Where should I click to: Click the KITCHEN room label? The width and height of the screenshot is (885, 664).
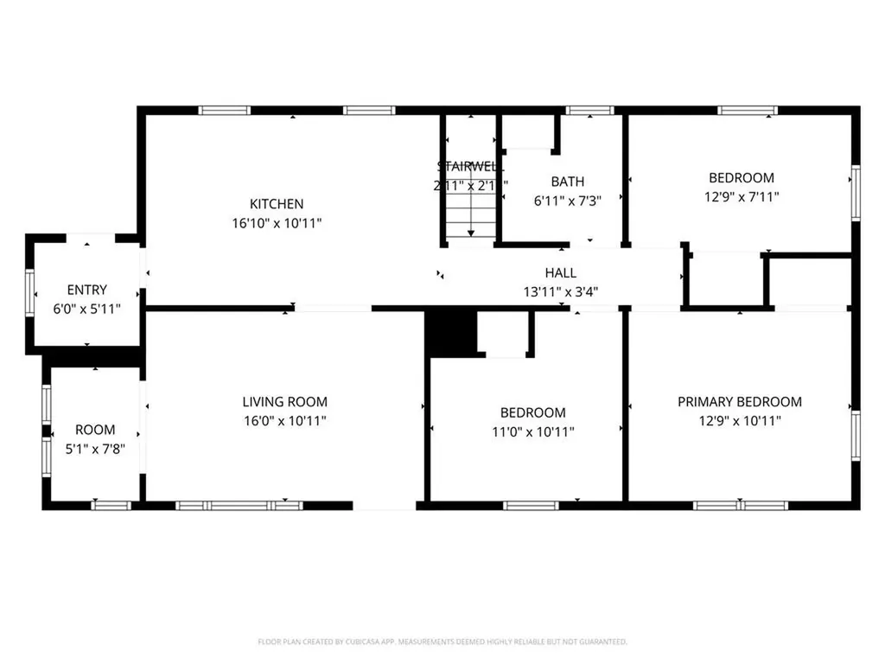pyautogui.click(x=277, y=204)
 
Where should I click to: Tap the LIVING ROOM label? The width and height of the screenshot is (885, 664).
pyautogui.click(x=284, y=402)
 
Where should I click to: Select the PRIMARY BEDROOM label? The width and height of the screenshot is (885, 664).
pyautogui.click(x=739, y=402)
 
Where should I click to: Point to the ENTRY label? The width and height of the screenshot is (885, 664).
pyautogui.click(x=86, y=290)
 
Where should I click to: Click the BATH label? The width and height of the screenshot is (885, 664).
pyautogui.click(x=567, y=182)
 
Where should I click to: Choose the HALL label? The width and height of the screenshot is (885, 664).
pyautogui.click(x=560, y=272)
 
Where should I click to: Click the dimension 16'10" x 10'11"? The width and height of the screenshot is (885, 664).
pyautogui.click(x=277, y=223)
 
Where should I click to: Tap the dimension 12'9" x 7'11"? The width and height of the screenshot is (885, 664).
pyautogui.click(x=741, y=197)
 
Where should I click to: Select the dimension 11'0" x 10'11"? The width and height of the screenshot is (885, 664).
pyautogui.click(x=532, y=431)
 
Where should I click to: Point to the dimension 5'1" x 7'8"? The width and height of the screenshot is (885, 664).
pyautogui.click(x=95, y=448)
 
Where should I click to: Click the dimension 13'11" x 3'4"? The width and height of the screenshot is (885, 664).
pyautogui.click(x=560, y=291)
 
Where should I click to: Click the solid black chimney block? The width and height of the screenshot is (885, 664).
pyautogui.click(x=450, y=332)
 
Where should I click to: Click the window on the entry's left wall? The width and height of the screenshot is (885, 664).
pyautogui.click(x=29, y=295)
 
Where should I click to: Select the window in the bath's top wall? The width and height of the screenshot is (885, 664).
pyautogui.click(x=590, y=110)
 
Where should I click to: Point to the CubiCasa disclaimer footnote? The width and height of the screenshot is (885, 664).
pyautogui.click(x=442, y=642)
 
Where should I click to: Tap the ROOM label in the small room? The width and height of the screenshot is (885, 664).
pyautogui.click(x=95, y=430)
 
